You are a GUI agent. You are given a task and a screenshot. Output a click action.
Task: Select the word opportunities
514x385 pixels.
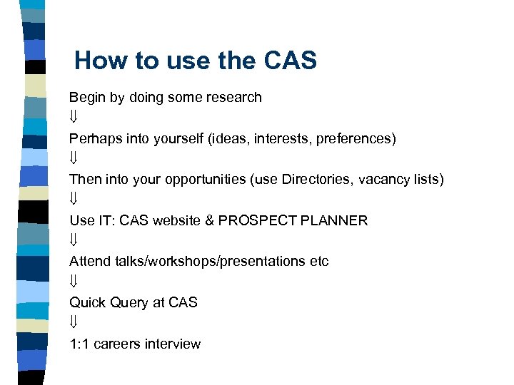[x=206, y=179]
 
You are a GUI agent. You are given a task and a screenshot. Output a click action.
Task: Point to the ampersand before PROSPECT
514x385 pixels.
[x=209, y=220]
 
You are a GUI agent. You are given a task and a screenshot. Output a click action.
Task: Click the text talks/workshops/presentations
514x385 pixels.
[x=210, y=262]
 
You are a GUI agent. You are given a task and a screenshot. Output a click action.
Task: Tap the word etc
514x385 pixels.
[x=319, y=262]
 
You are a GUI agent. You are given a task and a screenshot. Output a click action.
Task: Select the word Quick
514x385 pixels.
[x=87, y=302]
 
